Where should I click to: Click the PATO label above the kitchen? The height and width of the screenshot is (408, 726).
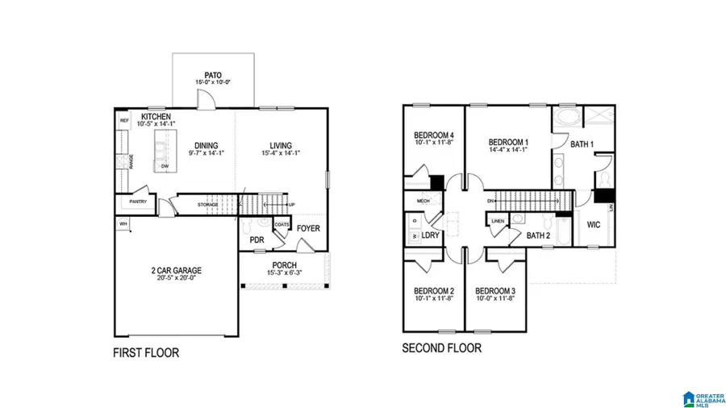click(x=213, y=75)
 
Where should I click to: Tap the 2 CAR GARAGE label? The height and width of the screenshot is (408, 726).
click(x=176, y=270)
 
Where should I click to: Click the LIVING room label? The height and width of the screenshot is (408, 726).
click(x=281, y=145)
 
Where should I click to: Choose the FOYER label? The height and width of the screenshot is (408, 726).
click(x=308, y=228)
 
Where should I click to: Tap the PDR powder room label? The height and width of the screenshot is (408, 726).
click(x=257, y=239)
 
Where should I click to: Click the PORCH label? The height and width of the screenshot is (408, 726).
click(x=283, y=265)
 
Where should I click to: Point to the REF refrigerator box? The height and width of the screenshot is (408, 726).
click(x=124, y=121)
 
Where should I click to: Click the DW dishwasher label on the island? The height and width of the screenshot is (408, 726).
click(x=165, y=166)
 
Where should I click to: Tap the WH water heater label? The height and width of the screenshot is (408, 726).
click(x=123, y=223)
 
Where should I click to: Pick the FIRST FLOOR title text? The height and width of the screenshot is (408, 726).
click(x=146, y=352)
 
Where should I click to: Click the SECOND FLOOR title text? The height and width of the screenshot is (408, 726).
click(x=442, y=348)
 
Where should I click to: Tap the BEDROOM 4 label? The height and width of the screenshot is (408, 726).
click(x=434, y=135)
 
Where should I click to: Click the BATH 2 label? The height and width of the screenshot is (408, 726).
click(x=538, y=236)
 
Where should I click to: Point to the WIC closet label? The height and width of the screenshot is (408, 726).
click(x=595, y=225)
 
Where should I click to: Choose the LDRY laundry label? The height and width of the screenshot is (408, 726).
click(x=431, y=235)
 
